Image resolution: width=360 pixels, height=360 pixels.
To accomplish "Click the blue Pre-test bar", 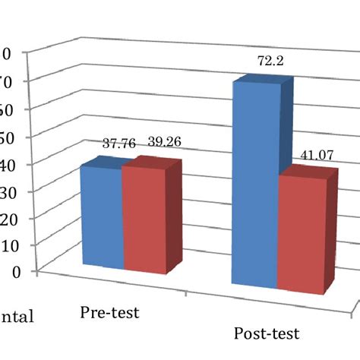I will pos(101,216).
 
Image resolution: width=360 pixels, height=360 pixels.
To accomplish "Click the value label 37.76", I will pos(118,144).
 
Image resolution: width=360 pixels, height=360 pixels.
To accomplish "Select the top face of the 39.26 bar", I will pos(152,162).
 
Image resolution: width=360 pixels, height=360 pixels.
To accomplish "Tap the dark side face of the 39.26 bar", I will pos(175,216).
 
